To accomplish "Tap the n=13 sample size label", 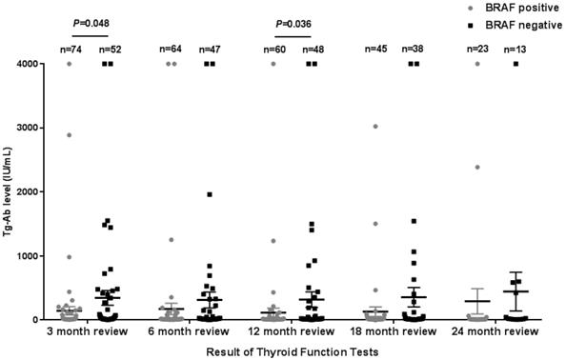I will click(515, 47).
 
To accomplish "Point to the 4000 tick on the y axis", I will click(40, 64).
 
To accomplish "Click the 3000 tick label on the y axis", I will click(40, 128).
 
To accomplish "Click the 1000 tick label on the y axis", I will click(40, 256).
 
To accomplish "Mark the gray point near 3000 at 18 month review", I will click(375, 126).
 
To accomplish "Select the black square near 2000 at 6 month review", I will click(209, 194).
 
